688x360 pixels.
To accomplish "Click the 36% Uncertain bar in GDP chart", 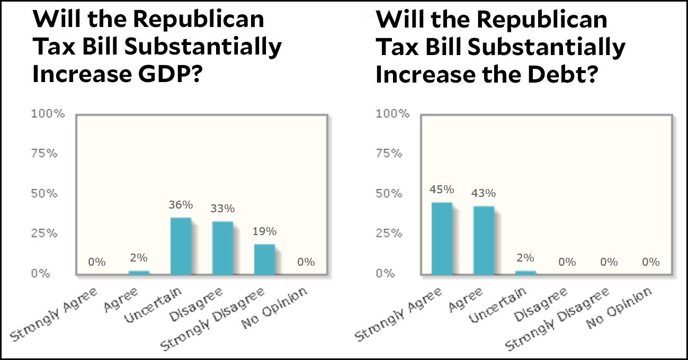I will point(181,246).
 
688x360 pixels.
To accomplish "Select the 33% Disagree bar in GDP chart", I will point(222,248).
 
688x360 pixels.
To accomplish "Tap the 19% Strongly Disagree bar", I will point(264,259).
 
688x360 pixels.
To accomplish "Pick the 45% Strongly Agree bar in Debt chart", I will point(442,238).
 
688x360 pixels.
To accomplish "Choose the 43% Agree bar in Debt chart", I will point(484,240).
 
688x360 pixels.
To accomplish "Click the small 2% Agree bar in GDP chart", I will point(139,272).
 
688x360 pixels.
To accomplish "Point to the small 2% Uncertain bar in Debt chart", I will point(525,272).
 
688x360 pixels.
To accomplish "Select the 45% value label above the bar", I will point(442,190).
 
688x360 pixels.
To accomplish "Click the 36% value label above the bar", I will point(181,205).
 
